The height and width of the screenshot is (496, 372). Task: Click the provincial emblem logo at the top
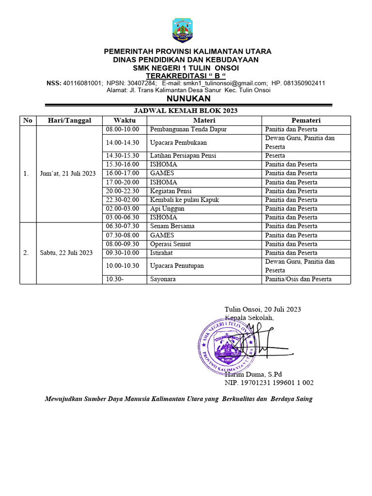point(182,30)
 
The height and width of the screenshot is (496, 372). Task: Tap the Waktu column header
point(124,120)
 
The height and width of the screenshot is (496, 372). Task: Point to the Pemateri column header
point(306,120)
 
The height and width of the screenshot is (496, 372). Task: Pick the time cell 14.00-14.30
point(123,142)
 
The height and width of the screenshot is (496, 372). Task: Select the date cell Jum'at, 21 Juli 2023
point(68,173)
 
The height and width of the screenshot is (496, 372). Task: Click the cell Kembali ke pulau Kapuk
point(184,200)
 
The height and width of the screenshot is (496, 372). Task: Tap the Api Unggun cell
point(167,208)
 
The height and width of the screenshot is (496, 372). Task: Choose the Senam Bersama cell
point(172,226)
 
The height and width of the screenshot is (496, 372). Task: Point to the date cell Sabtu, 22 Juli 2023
point(66,252)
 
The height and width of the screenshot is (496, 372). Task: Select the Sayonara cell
point(163,279)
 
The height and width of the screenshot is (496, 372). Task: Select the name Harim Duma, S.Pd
point(253,374)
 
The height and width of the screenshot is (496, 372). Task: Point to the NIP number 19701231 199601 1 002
point(269,383)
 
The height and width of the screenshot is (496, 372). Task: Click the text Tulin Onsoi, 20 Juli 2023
point(263,309)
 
